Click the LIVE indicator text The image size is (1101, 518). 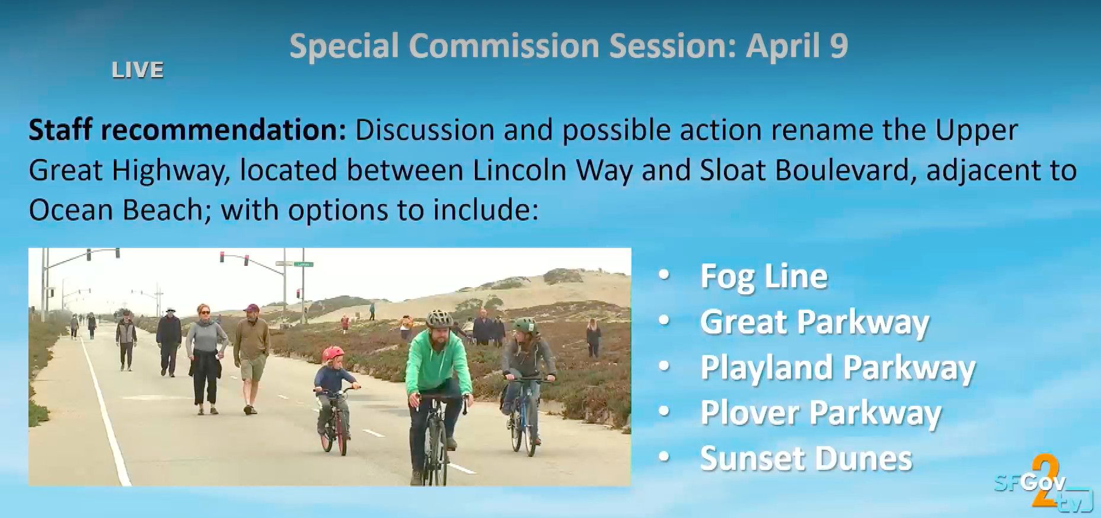pos(138,71)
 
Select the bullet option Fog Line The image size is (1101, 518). pos(764,277)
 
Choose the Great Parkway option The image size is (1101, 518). pos(815,322)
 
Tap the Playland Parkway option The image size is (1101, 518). pos(838,368)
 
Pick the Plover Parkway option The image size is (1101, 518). pos(821,413)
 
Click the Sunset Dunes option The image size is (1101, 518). pos(806,459)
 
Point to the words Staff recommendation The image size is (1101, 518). pos(187,131)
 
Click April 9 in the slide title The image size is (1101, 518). pos(797,47)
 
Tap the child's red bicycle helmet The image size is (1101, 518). pos(333,354)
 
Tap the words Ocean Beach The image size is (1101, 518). pos(116,210)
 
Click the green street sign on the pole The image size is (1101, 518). pos(303,265)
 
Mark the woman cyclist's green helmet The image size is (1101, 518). pos(524,325)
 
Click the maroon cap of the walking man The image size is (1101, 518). pos(251,309)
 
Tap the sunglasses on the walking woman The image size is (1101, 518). pos(205,312)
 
